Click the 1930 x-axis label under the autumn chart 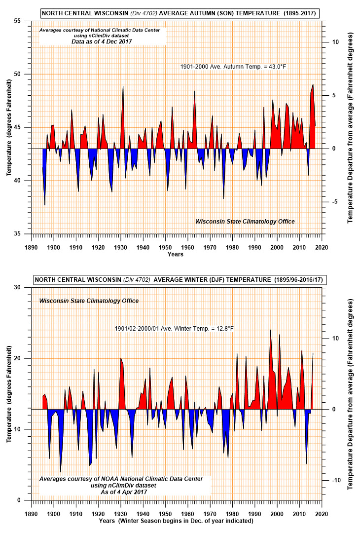click(x=120, y=247)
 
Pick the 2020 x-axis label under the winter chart click(x=322, y=514)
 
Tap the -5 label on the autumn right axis click(x=334, y=202)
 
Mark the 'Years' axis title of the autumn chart click(x=175, y=254)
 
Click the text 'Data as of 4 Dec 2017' click(x=102, y=41)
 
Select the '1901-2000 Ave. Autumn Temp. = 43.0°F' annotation click(x=233, y=67)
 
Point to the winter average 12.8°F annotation click(x=174, y=329)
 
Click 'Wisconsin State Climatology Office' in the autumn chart click(x=245, y=221)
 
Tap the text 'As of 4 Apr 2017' click(x=124, y=492)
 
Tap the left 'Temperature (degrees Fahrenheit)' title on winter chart click(x=9, y=394)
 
